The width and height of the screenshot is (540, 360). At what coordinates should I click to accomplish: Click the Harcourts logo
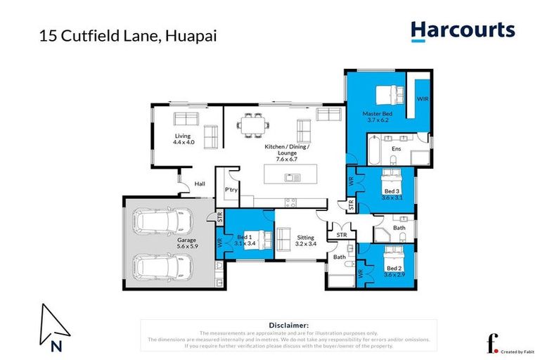[x=463, y=32]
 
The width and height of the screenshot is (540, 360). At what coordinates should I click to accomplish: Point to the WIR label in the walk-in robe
[x=423, y=99]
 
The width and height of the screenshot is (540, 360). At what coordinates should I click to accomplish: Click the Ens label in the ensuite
[x=396, y=149]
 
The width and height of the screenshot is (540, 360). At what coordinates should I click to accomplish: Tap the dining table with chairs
[x=252, y=125]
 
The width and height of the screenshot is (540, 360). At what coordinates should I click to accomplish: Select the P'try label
[x=230, y=190]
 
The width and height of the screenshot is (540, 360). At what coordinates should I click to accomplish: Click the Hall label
[x=200, y=184]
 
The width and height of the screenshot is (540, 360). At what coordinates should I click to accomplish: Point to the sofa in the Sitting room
[x=285, y=240]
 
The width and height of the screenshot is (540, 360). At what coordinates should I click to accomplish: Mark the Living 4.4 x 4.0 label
[x=183, y=139]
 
